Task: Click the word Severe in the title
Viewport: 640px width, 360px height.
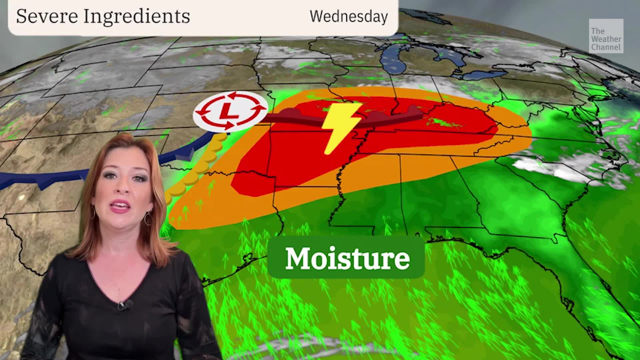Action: click(x=47, y=16)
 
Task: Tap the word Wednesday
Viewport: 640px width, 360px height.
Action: click(x=349, y=16)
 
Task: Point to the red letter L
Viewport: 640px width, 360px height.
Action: click(x=230, y=110)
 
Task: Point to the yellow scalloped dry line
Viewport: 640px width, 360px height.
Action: click(x=200, y=167)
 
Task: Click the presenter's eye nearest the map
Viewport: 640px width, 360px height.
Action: click(x=140, y=176)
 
